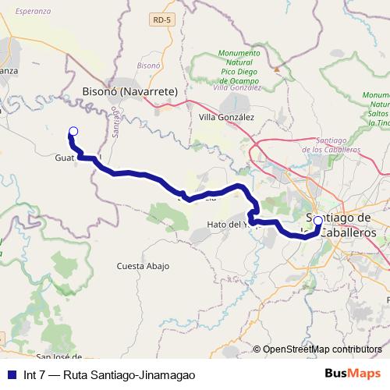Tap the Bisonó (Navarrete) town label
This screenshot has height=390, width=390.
(130, 91)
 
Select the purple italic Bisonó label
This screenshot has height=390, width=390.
(147, 66)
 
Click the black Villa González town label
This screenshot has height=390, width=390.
(227, 118)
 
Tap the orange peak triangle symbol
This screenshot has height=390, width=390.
(276, 68)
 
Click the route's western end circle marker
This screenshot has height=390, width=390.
(73, 131)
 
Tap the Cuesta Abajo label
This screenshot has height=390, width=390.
(142, 266)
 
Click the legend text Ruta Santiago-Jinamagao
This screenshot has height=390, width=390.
(129, 374)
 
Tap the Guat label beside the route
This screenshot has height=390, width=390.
(65, 158)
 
